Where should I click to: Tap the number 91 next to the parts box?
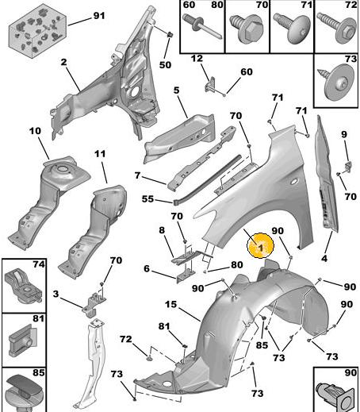coord(99,16)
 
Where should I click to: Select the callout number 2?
coord(63,63)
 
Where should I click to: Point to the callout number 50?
coord(165,65)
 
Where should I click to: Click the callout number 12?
coord(197,59)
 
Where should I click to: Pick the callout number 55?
coord(147,198)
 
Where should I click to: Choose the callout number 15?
coord(170,304)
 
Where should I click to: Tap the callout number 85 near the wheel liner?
coord(262,345)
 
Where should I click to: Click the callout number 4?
coord(324,258)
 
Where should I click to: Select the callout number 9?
coord(343,134)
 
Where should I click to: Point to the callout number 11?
coord(100,153)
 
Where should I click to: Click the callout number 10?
coord(35,131)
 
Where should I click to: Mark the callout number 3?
coord(56,294)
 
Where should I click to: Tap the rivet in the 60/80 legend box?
coord(202,27)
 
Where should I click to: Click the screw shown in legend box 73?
coord(337,82)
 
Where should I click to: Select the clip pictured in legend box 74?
coord(23,287)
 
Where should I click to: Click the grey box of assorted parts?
coord(37,33)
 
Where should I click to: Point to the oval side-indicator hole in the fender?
coord(293,182)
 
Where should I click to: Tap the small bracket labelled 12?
coord(210,84)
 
